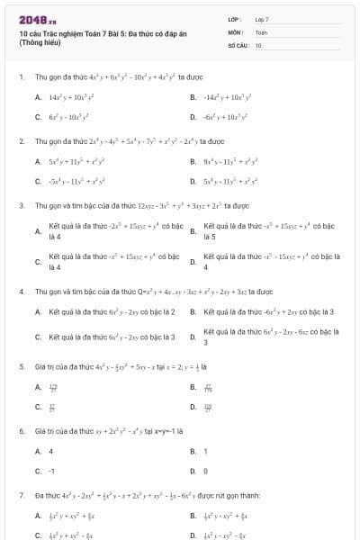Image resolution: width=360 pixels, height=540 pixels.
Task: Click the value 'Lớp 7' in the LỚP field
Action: (262, 19)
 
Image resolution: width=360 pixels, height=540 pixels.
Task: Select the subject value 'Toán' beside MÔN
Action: (261, 31)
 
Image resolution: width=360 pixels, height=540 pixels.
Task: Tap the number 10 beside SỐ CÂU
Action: (258, 44)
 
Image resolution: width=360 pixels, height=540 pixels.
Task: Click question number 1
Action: (21, 77)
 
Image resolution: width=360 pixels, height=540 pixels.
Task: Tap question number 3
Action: (21, 205)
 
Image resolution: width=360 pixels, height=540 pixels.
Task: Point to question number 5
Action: (21, 367)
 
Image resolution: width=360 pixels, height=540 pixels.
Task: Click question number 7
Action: (21, 496)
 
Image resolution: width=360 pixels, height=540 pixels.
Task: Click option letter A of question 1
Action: (38, 96)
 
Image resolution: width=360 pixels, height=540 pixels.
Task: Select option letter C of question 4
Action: (38, 337)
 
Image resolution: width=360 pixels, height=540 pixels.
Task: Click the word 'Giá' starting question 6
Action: (40, 432)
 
